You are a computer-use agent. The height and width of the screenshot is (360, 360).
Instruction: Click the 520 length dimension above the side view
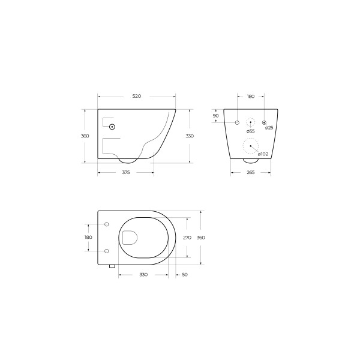click(137, 96)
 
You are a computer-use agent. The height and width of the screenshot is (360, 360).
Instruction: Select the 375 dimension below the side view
click(126, 172)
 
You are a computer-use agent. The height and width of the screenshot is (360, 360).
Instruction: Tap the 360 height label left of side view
click(85, 136)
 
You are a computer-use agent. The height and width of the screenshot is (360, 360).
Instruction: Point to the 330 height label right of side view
click(190, 136)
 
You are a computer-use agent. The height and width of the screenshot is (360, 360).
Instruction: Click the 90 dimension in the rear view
click(215, 116)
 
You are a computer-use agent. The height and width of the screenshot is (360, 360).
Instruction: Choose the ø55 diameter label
click(250, 131)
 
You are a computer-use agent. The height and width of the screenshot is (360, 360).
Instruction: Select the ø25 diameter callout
click(269, 128)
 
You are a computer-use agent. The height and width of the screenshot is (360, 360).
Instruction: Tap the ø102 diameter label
click(263, 154)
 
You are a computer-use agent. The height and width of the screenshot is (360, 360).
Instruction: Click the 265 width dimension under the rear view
click(250, 172)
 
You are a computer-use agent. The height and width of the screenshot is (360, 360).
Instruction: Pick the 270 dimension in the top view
click(187, 238)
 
